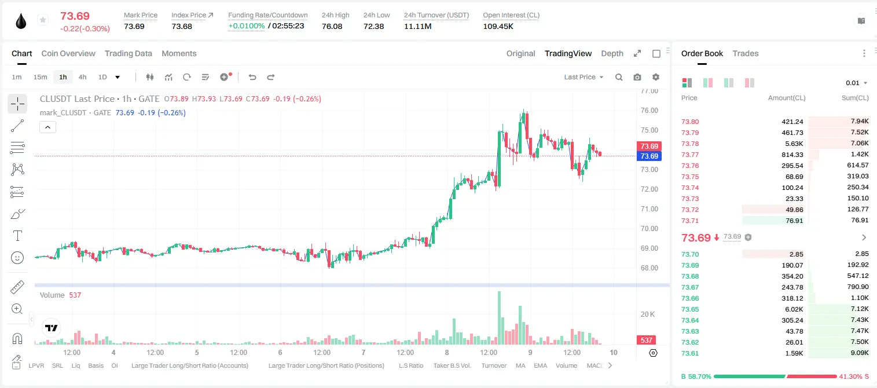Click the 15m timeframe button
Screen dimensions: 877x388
pos(41,77)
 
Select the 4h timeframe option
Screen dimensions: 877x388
pos(82,77)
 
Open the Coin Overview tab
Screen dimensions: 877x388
pos(68,53)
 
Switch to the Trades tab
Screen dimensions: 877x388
pos(746,53)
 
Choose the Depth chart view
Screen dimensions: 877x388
pos(612,53)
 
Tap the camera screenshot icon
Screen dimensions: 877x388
pos(637,77)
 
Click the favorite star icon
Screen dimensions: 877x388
pos(43,20)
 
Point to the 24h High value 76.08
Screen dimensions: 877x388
pos(332,26)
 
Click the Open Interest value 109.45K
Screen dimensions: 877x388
pos(498,26)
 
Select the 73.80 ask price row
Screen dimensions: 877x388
pos(690,122)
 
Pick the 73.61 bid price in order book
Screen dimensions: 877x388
pos(690,353)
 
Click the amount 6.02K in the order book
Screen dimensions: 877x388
pos(794,309)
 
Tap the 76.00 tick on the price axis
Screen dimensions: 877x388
pos(649,111)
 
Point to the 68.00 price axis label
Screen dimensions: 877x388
pos(649,268)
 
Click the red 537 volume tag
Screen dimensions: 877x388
pos(647,341)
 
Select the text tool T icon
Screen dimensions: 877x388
pos(17,236)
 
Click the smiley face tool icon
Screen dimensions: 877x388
pos(17,258)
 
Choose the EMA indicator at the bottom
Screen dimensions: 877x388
pos(540,365)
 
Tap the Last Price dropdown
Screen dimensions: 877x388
pos(584,77)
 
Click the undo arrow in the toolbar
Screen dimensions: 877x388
pos(252,77)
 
